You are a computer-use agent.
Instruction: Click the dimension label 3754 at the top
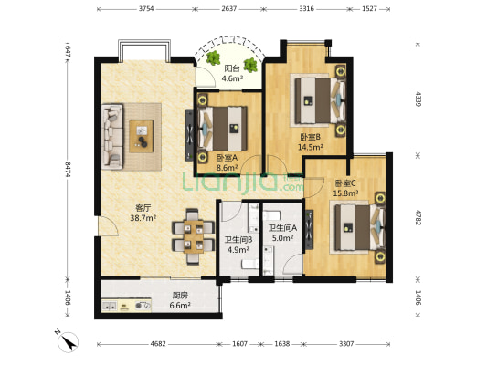point(146,9)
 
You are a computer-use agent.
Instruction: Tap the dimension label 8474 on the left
point(68,169)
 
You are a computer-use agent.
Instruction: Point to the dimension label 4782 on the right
point(418,217)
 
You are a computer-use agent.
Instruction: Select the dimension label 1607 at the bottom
point(239,344)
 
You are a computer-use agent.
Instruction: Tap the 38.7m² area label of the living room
point(143,218)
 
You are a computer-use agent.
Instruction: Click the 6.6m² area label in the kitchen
point(180,306)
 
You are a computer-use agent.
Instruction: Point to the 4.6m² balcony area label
point(232,78)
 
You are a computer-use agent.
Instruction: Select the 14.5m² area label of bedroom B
point(311,147)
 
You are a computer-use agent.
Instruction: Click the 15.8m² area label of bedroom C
point(345,193)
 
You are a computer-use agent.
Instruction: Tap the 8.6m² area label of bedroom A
point(227,168)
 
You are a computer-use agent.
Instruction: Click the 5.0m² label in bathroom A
point(282,238)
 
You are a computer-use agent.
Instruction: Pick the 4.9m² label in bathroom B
point(238,250)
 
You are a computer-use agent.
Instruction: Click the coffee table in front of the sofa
point(142,136)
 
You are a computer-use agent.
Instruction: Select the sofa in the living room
point(112,137)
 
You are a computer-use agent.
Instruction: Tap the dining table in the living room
point(193,236)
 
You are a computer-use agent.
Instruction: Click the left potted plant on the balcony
point(213,58)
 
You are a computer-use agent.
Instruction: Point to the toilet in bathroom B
point(250,265)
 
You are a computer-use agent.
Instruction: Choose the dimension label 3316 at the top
point(307,9)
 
